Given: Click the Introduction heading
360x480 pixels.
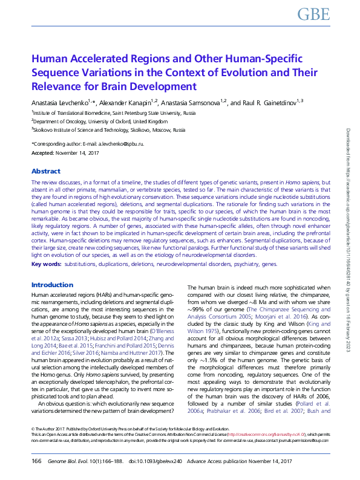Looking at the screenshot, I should click(x=52, y=284).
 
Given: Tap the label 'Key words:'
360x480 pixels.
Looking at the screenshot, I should click(x=46, y=264).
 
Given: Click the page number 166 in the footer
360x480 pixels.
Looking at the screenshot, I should click(x=36, y=461).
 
